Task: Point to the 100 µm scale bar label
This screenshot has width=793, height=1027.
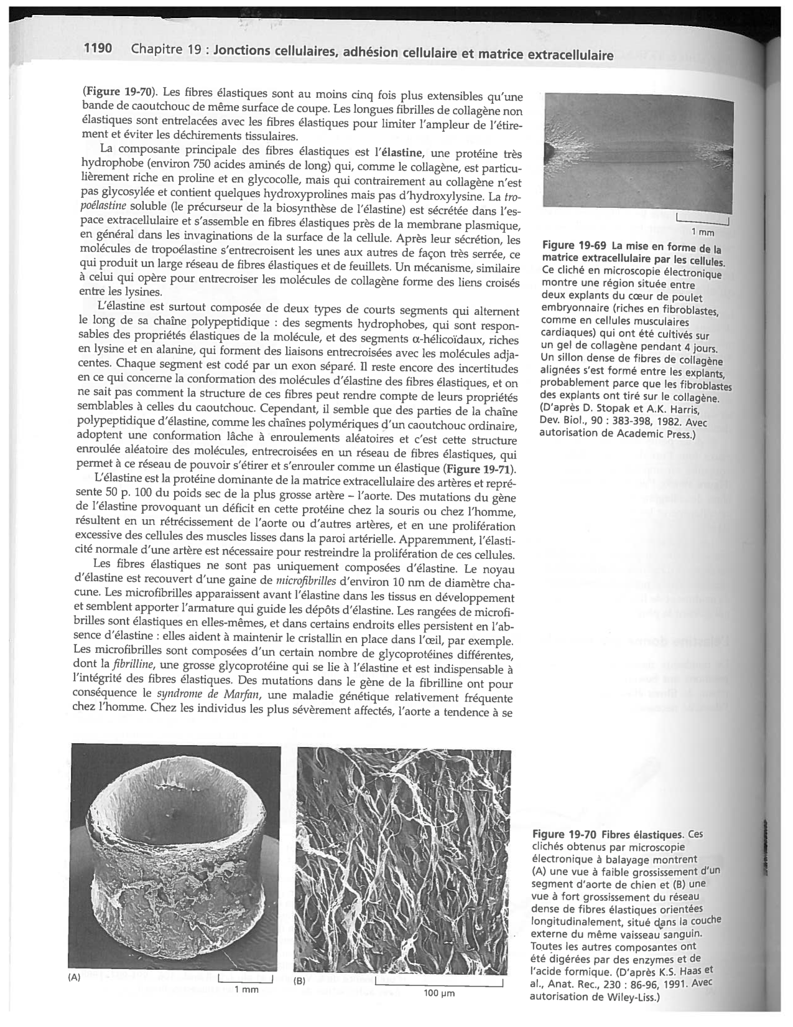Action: tap(439, 993)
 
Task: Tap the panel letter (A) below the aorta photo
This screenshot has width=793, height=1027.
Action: tap(74, 977)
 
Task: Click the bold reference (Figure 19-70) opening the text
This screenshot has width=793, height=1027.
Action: tap(120, 92)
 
